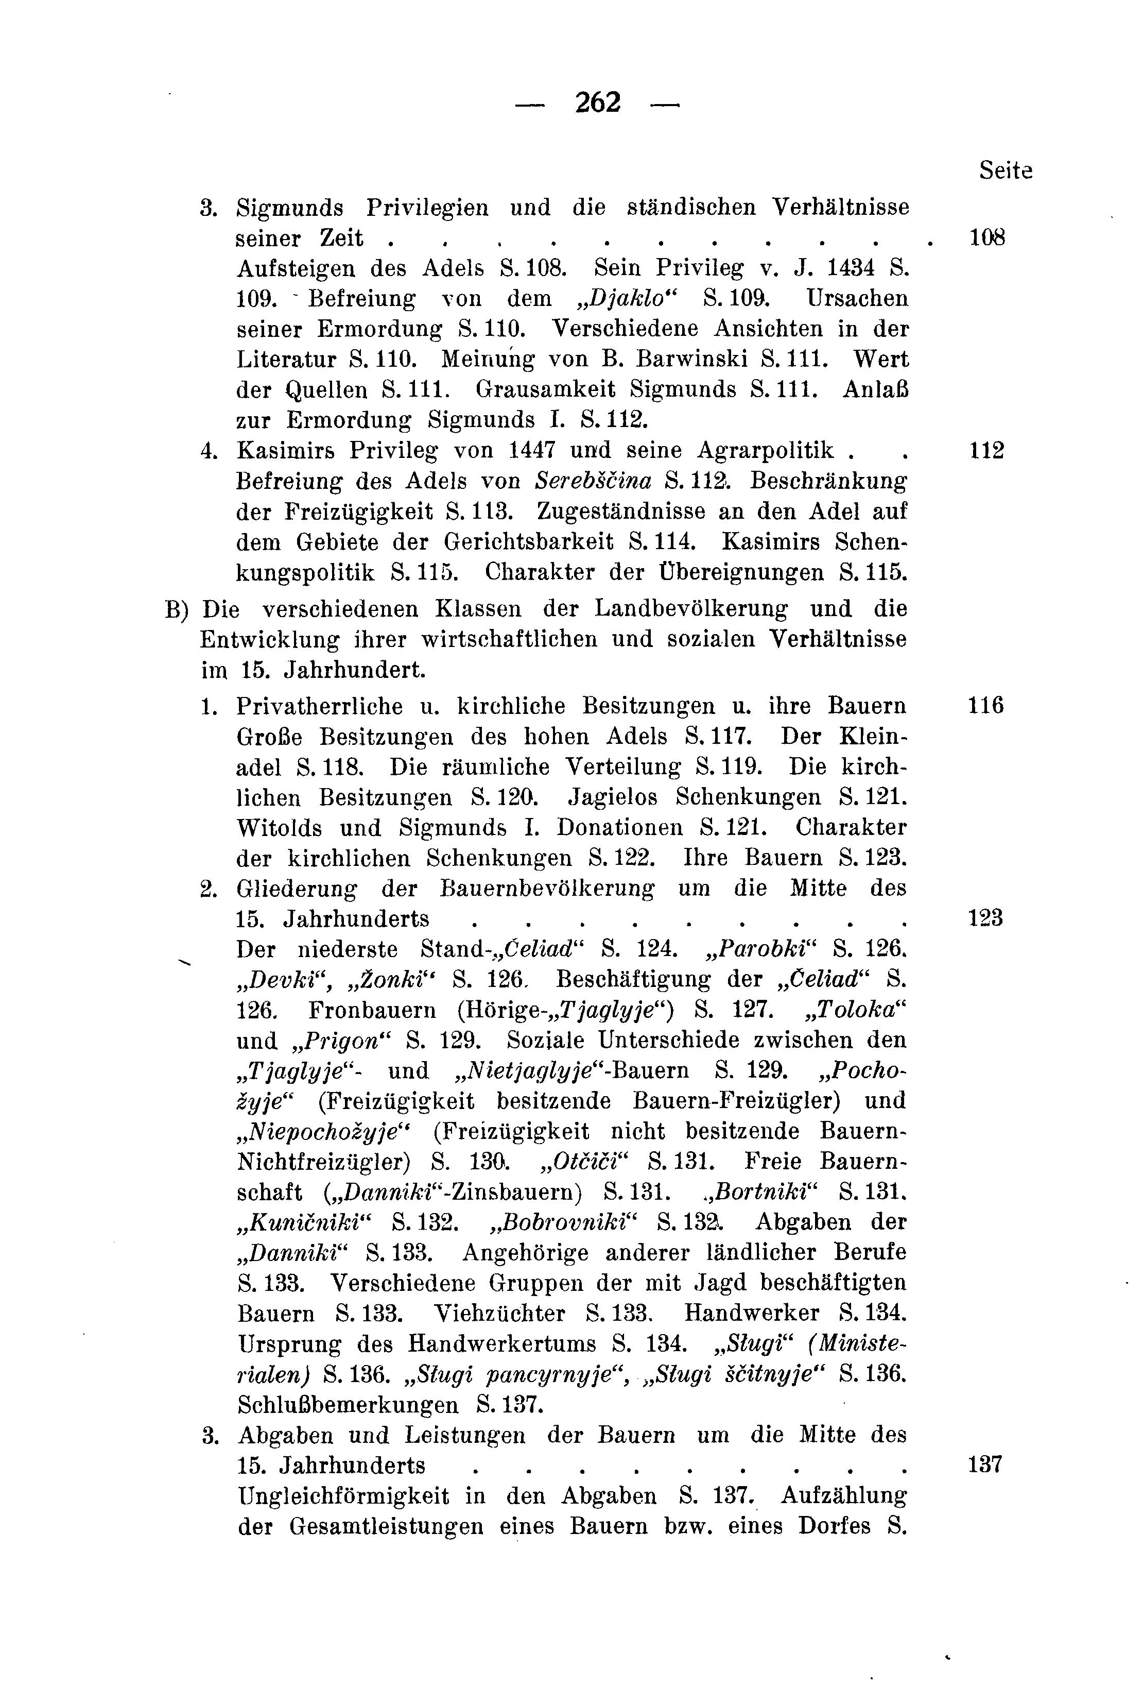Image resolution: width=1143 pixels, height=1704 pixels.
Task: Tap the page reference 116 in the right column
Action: click(985, 706)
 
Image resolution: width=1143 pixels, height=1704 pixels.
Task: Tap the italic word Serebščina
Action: click(593, 481)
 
